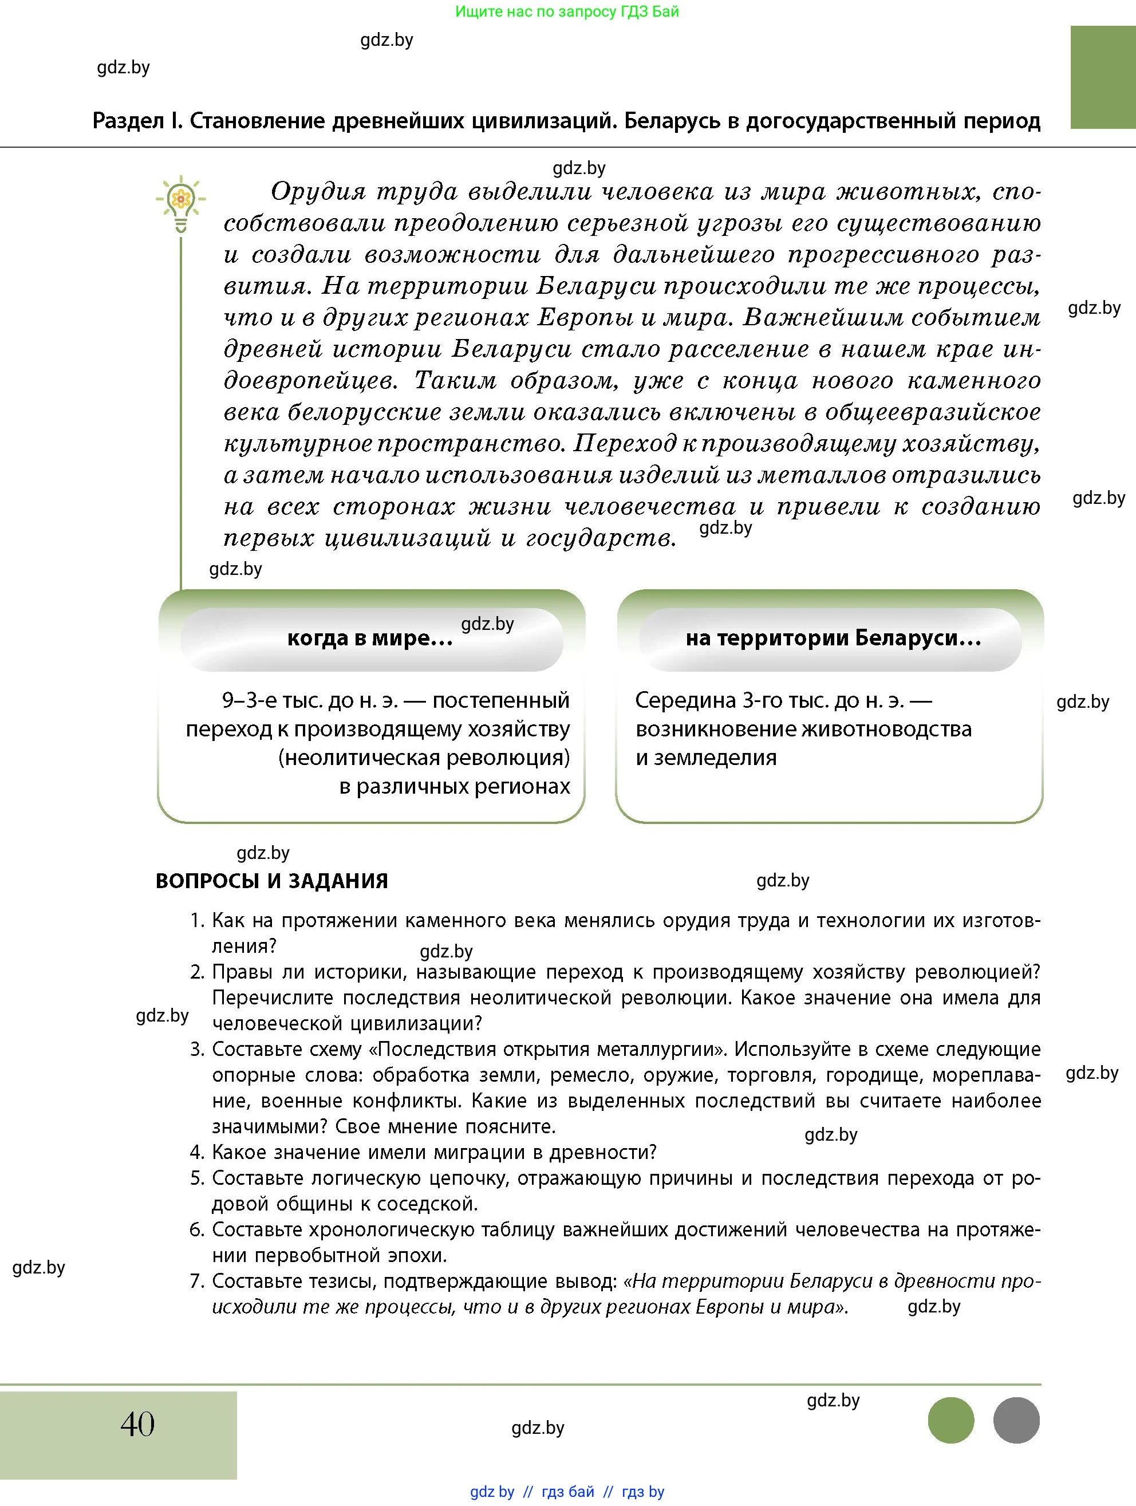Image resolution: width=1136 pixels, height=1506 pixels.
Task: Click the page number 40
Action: (x=137, y=1424)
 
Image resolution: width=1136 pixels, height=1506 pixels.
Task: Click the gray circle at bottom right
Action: (x=1016, y=1420)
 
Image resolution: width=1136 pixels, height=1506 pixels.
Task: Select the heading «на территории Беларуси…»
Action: (x=833, y=638)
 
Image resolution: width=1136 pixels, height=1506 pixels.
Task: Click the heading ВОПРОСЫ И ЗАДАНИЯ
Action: (x=271, y=881)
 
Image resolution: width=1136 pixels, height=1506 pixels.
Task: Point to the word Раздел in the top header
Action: (x=128, y=121)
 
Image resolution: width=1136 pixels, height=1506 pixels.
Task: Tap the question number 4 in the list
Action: (x=197, y=1153)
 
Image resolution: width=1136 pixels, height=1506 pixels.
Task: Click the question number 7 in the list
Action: (x=197, y=1282)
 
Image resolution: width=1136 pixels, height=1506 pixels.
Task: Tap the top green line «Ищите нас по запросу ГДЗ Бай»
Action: (x=566, y=11)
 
